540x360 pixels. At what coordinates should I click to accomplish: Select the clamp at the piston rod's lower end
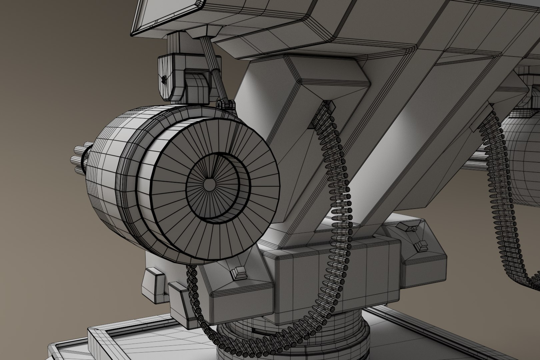pyautogui.click(x=226, y=104)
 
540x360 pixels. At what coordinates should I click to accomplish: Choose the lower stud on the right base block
pyautogui.click(x=421, y=247)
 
